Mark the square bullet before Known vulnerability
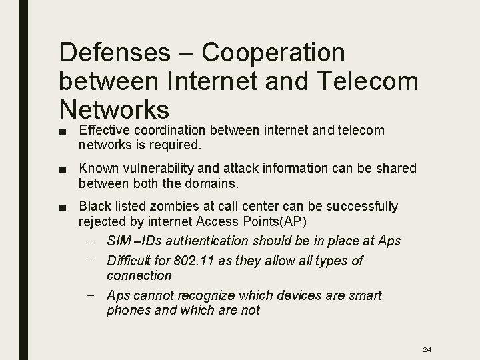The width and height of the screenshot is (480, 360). click(x=63, y=169)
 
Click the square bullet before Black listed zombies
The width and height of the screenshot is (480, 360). click(x=63, y=207)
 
